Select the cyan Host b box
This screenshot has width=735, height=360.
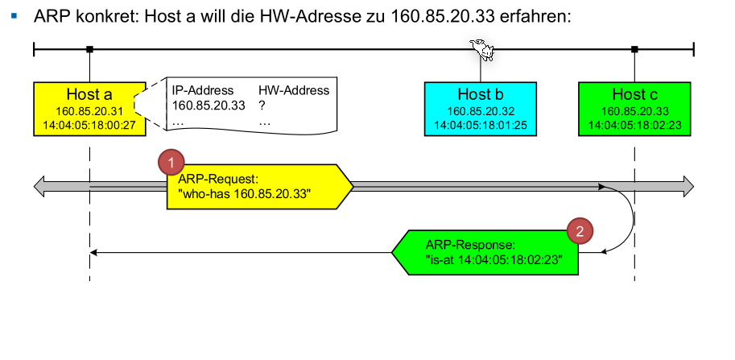[x=480, y=108]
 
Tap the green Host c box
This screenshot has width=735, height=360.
[x=634, y=108]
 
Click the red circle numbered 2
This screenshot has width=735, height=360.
[x=579, y=231]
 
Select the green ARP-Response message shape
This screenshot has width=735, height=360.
[x=486, y=253]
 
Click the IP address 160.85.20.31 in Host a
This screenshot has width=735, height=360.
[x=89, y=111]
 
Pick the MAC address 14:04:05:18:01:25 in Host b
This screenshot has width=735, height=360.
[x=480, y=125]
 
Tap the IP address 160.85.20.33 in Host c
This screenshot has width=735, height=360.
[x=634, y=111]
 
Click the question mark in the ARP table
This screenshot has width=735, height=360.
[x=262, y=105]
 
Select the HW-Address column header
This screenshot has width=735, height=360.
[x=293, y=90]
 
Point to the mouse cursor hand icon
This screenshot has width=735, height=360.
[x=483, y=50]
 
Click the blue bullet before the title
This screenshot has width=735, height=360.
[x=14, y=15]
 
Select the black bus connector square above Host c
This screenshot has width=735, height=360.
[x=634, y=50]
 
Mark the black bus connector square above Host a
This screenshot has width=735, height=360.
[x=89, y=50]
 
